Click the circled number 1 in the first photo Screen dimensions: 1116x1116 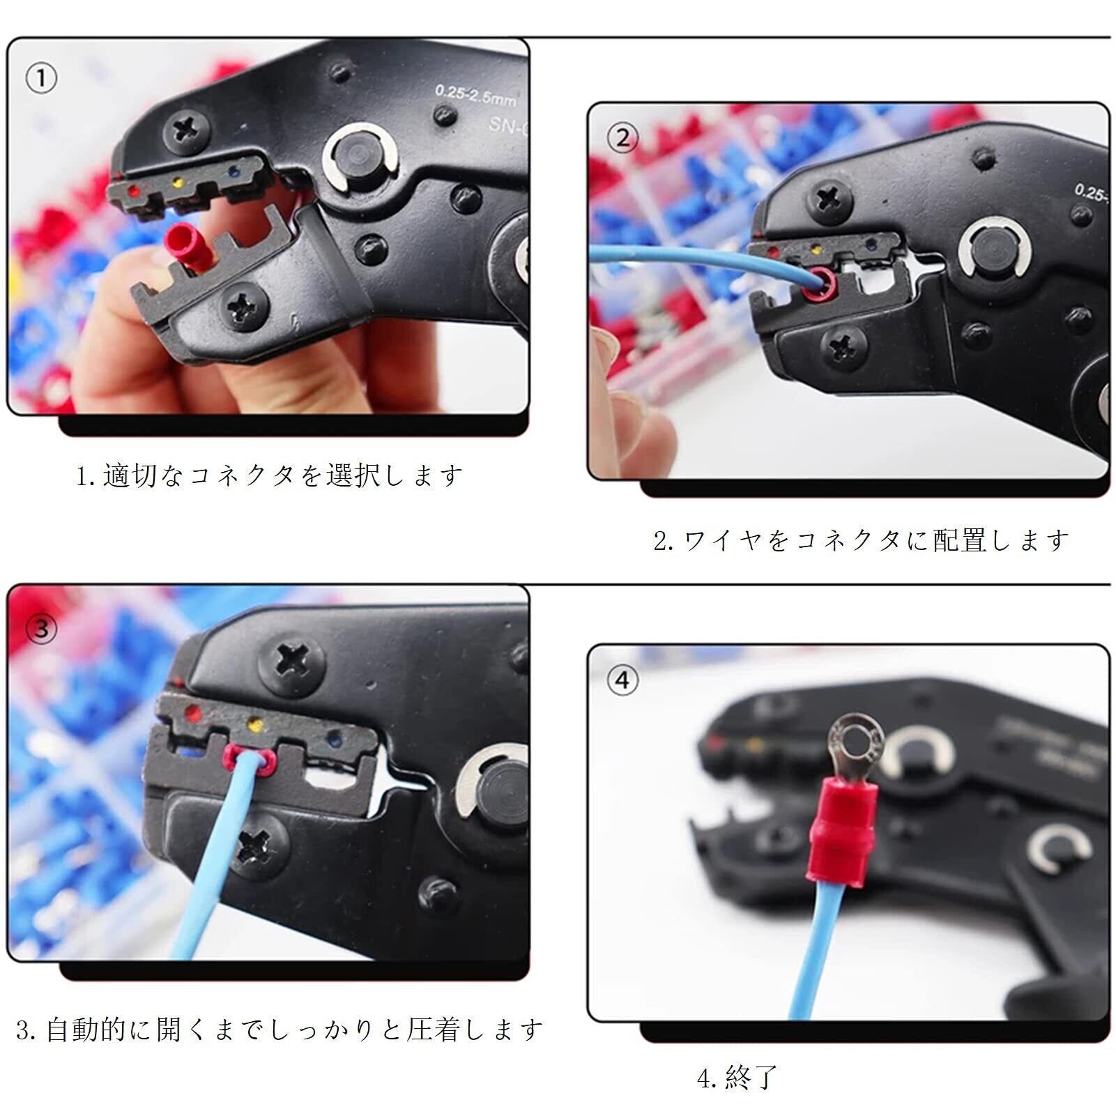pyautogui.click(x=41, y=78)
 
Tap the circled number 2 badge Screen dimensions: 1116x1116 pyautogui.click(x=622, y=138)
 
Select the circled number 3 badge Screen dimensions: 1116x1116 pyautogui.click(x=41, y=629)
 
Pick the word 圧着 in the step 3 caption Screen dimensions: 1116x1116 pyautogui.click(x=435, y=1029)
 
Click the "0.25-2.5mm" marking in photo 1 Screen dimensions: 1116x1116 pyautogui.click(x=475, y=95)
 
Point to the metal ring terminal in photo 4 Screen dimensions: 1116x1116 pyautogui.click(x=854, y=750)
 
